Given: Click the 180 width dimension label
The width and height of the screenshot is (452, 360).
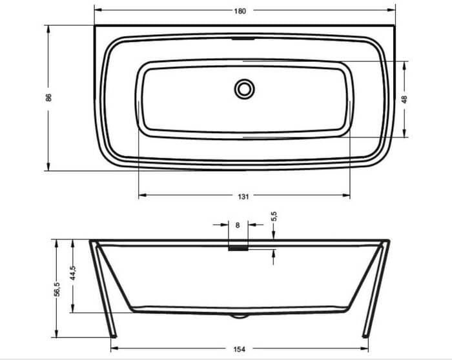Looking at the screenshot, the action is pos(240,11).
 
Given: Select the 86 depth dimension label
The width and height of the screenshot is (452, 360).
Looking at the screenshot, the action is pos(48,97).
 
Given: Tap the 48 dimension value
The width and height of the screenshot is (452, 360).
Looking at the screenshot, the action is pos(404,99).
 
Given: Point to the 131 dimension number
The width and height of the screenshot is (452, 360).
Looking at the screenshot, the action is pos(243,196).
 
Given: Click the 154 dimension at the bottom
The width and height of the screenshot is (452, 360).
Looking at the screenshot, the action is pos(240,349).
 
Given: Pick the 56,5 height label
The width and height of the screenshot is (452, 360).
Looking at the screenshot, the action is pos(57,289).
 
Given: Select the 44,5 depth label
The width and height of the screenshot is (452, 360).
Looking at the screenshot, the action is pos(72,273).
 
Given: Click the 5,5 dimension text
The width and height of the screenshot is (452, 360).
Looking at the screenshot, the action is pos(274,216).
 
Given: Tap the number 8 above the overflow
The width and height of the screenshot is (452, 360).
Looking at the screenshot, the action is pos(238,225).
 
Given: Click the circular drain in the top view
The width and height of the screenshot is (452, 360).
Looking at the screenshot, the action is pos(244,89).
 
